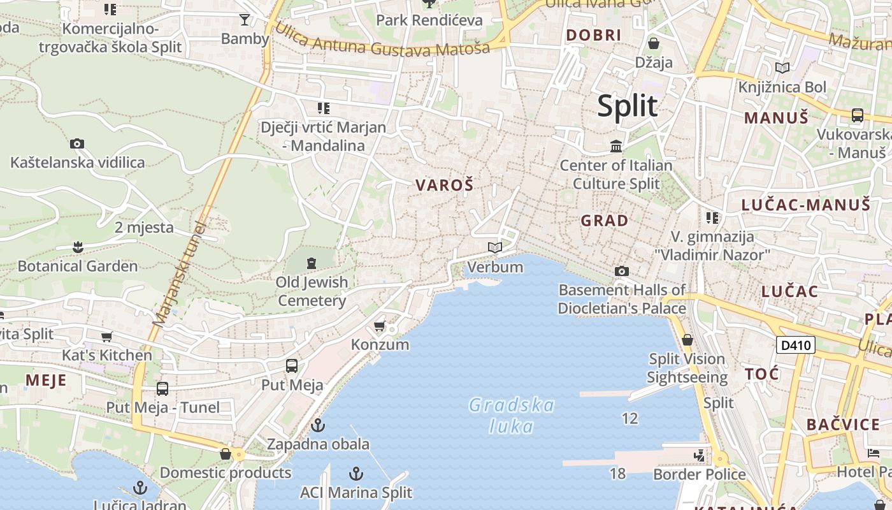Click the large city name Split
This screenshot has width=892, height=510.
627,106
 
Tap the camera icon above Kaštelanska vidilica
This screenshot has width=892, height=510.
77,144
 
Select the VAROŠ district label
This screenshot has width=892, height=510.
445,186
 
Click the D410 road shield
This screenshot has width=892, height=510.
796,346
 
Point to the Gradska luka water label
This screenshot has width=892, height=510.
512,415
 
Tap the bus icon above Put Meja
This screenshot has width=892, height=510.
292,366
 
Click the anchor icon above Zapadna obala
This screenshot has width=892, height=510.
318,425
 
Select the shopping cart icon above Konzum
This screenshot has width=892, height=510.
380,326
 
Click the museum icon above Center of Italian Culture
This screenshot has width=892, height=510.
616,147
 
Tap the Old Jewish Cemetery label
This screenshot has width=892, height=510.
312,291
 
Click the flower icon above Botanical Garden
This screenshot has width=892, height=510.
78,247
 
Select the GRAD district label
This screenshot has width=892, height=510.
605,221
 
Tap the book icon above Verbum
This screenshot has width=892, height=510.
495,247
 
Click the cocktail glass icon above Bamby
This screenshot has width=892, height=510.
245,20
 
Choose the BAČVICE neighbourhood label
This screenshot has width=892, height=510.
843,425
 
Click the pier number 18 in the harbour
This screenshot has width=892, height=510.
617,474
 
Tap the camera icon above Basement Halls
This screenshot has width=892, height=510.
622,272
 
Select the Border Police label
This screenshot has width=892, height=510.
700,474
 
